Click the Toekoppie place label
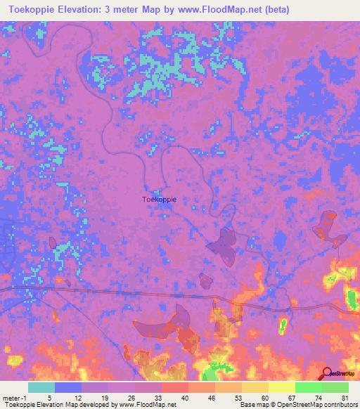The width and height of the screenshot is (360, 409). click(x=160, y=199)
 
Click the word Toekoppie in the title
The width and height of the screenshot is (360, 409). click(x=35, y=10)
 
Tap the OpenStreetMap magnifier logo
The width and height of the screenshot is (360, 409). click(x=326, y=373)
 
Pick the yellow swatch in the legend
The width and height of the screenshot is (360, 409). click(x=255, y=387)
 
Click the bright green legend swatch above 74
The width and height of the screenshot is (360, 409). click(x=309, y=387)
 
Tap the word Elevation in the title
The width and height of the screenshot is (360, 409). click(x=92, y=10)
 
